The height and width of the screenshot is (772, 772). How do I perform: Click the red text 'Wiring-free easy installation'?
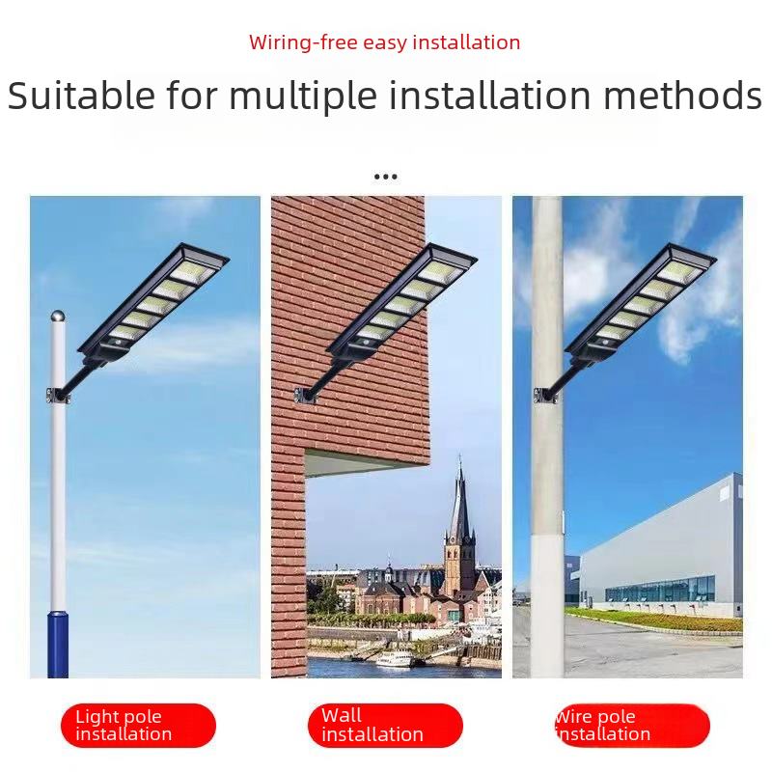pos(384,42)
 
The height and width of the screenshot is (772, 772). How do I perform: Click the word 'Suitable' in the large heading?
pos(81,95)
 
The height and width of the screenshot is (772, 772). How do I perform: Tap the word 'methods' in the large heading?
pos(682,95)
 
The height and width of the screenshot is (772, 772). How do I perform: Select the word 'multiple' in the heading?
pos(303,96)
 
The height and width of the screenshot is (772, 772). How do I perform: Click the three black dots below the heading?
pos(385,177)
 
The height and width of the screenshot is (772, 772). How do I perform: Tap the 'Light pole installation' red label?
pos(138,726)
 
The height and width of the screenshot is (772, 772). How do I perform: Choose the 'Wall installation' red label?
pos(385,726)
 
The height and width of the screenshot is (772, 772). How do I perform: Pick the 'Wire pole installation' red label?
pos(632,726)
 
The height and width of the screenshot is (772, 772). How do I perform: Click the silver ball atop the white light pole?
pos(58,316)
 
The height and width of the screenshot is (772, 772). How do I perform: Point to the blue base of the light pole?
pos(58,644)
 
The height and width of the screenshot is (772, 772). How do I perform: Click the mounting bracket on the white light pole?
pos(58,396)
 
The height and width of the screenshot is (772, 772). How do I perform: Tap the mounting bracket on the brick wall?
pos(305,396)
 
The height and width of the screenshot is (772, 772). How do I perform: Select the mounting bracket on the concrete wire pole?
pos(545,396)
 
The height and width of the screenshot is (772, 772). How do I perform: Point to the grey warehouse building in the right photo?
pos(660,546)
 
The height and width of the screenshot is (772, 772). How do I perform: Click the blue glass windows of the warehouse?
pos(660,589)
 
